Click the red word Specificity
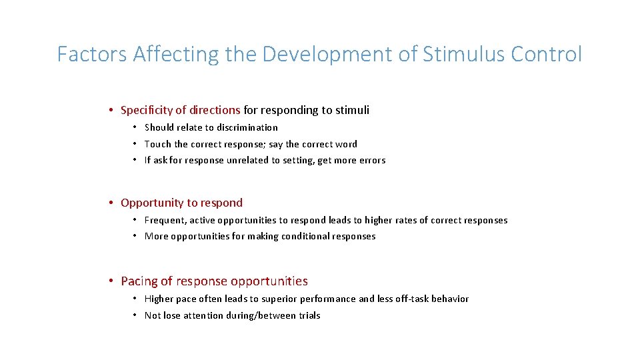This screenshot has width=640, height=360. [x=148, y=110]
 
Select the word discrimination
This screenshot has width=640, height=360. [x=245, y=127]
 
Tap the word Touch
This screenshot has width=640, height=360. [x=157, y=144]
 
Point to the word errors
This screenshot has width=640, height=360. [x=372, y=160]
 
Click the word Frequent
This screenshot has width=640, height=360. [x=165, y=220]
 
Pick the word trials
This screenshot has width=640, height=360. [x=309, y=315]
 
